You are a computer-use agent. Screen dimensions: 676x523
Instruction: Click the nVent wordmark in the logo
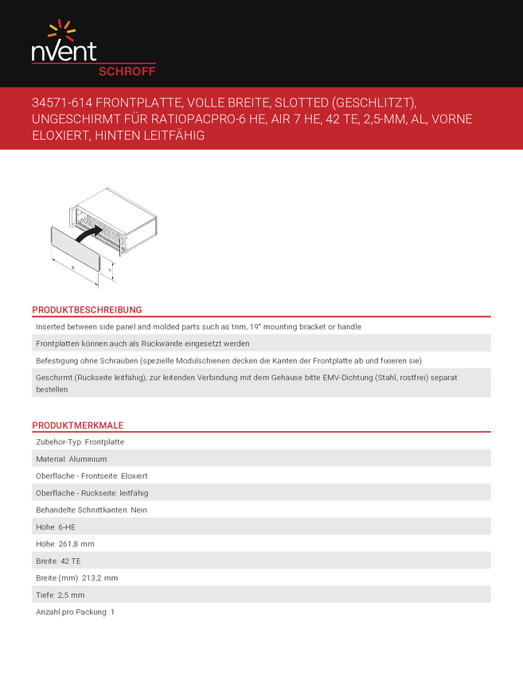pos(64,52)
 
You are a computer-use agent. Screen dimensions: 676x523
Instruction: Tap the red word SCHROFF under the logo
pos(127,71)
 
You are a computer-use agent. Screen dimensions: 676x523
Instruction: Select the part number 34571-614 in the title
pos(60,103)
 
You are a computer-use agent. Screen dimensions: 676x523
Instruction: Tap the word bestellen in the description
pos(52,390)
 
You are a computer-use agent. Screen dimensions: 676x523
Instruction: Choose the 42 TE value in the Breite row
pos(71,561)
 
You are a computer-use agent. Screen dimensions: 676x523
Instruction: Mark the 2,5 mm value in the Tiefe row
pos(71,595)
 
